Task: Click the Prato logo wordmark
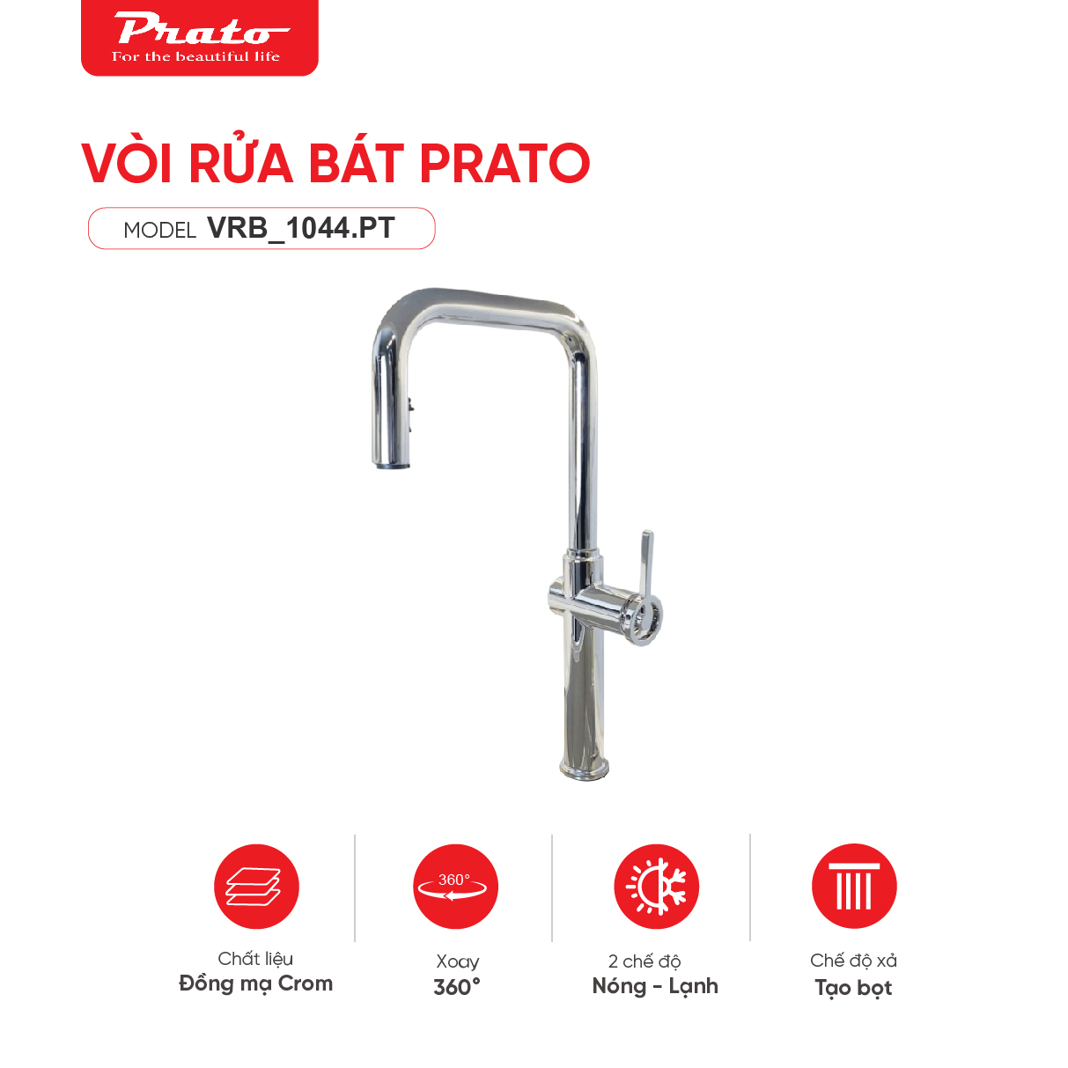click(x=199, y=30)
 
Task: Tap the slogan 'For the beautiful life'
click(x=195, y=56)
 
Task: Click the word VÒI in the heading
click(x=127, y=164)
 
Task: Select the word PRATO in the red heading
click(x=504, y=164)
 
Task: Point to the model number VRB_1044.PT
click(x=300, y=228)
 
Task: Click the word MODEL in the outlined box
click(x=159, y=231)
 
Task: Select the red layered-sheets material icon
click(x=256, y=887)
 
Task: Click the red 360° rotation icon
click(x=455, y=887)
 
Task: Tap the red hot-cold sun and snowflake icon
click(x=656, y=887)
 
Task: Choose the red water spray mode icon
click(x=854, y=887)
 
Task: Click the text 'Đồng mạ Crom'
click(x=255, y=983)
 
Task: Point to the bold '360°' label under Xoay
click(x=457, y=987)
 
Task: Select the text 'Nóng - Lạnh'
click(x=655, y=986)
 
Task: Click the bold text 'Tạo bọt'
click(x=853, y=988)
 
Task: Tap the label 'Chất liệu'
click(x=255, y=959)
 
